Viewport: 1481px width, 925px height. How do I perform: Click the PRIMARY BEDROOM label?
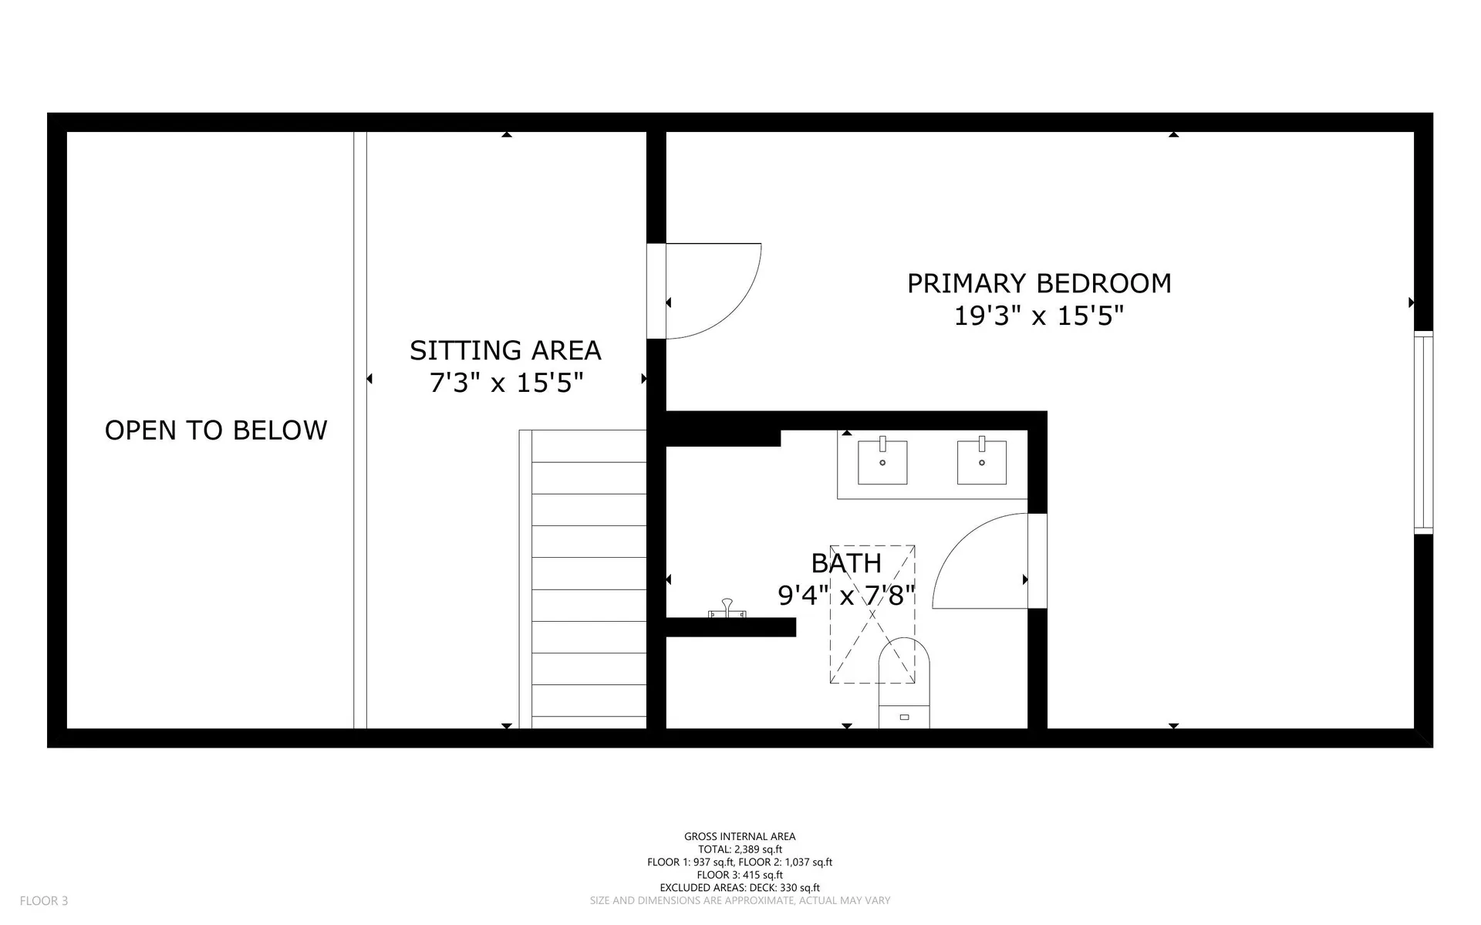(x=1038, y=283)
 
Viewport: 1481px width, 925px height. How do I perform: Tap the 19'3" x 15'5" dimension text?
(x=1038, y=316)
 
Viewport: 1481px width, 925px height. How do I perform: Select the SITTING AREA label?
(x=505, y=350)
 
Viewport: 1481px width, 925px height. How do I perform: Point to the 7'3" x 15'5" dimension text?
(x=505, y=382)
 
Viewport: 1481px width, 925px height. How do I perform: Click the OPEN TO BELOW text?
(x=216, y=430)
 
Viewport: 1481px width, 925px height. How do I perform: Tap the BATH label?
(x=846, y=563)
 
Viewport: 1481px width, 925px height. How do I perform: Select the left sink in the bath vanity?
(x=882, y=462)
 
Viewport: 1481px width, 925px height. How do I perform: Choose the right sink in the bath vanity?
(x=981, y=462)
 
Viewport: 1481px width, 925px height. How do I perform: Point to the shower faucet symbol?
(x=727, y=609)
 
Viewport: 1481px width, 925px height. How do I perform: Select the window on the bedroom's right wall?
(x=1423, y=432)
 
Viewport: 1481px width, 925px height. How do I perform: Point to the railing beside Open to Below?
(x=360, y=430)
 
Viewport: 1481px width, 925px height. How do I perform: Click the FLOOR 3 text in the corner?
(x=44, y=900)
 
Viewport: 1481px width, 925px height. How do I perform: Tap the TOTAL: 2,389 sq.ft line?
(x=740, y=849)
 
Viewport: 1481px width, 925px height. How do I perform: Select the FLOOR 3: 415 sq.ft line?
(x=740, y=875)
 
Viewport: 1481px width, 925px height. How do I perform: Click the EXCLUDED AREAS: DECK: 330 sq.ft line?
(x=740, y=888)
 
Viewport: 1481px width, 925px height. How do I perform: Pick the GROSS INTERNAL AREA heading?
(x=740, y=836)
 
